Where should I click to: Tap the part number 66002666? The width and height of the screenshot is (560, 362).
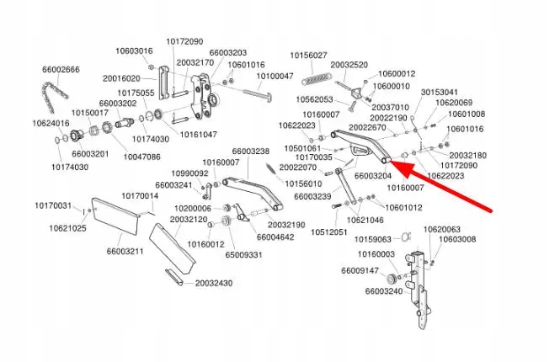point(61,69)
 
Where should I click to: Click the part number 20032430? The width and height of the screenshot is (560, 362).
point(214,283)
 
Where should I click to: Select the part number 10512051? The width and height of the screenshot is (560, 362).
point(330,232)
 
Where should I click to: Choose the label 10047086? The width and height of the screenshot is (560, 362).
point(142,157)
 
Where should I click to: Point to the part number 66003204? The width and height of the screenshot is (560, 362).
point(374,177)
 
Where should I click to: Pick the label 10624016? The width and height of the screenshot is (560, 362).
point(51,123)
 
